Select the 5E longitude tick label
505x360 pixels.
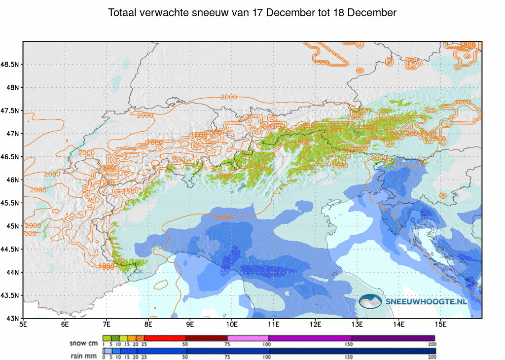[x=23, y=324]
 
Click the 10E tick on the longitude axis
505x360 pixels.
[x=232, y=324]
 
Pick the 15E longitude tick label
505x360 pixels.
[x=441, y=324]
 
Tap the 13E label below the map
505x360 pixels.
[x=358, y=324]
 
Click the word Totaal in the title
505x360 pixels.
[x=123, y=13]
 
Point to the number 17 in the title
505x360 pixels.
[x=271, y=13]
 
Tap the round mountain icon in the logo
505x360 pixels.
[x=371, y=301]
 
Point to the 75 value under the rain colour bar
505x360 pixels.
[x=227, y=357]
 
